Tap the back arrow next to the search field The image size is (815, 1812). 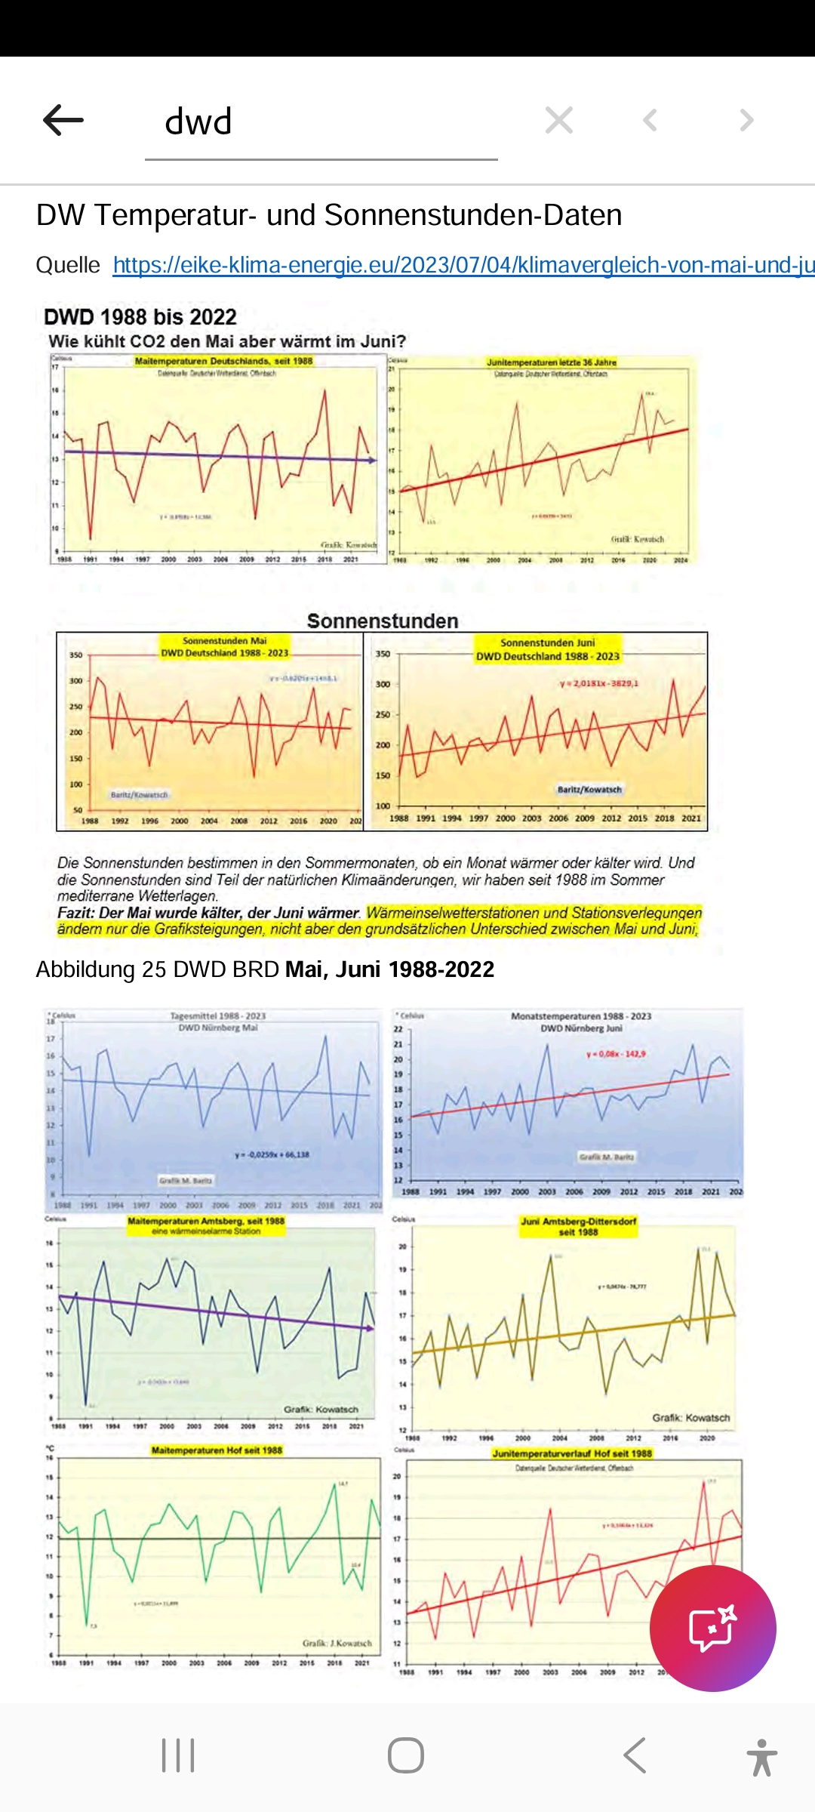tap(63, 121)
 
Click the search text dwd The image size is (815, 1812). tap(198, 122)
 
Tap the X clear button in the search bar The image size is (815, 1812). tap(559, 120)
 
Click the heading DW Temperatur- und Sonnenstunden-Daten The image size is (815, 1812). tap(329, 215)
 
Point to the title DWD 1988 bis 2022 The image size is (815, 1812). tap(140, 317)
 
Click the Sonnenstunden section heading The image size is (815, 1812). tap(383, 621)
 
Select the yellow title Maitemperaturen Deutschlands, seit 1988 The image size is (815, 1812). tap(223, 361)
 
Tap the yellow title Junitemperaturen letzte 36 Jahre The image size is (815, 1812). tap(552, 362)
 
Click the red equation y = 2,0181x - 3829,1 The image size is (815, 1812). tap(598, 683)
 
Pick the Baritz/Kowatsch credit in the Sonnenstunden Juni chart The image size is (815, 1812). tap(589, 790)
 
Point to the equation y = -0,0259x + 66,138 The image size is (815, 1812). tap(272, 1154)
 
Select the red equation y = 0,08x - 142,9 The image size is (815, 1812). tap(616, 1054)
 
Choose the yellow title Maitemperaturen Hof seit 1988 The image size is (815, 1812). tap(217, 1450)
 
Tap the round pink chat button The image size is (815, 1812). tap(712, 1629)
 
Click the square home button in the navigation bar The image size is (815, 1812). tap(406, 1755)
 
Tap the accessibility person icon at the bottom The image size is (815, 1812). tap(761, 1757)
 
